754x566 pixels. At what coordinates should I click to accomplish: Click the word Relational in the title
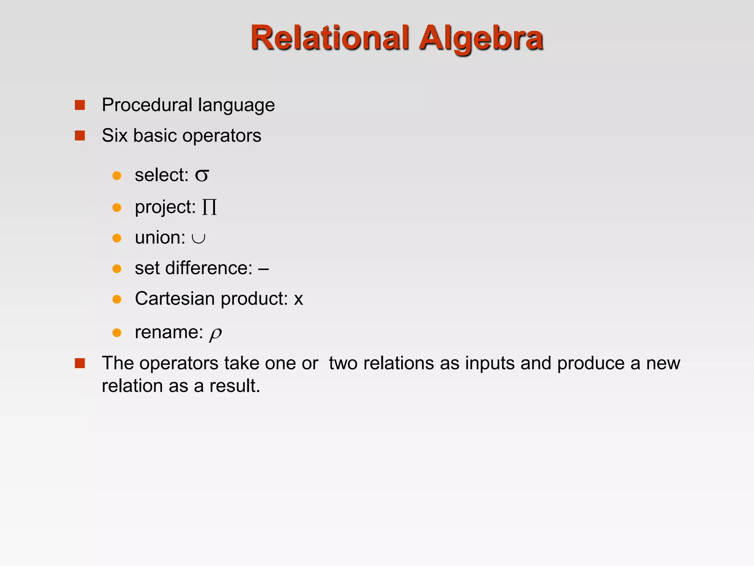(330, 38)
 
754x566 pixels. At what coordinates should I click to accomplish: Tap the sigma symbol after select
(202, 175)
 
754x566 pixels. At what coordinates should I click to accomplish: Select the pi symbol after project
(209, 207)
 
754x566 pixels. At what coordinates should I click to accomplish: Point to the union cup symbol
(198, 239)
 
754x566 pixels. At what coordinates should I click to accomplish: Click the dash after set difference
(263, 269)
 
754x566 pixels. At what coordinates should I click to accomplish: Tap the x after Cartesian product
(298, 299)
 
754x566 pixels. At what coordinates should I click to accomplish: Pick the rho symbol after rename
(215, 333)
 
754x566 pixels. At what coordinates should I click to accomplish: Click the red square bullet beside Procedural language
(80, 105)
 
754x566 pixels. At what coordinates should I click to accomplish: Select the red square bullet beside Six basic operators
(80, 136)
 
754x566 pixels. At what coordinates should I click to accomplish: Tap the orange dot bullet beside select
(117, 175)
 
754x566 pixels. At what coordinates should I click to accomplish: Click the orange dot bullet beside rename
(117, 333)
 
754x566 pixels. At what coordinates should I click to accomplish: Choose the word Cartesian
(175, 298)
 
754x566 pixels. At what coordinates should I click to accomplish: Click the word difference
(209, 268)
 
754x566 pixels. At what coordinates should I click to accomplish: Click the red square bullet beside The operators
(80, 363)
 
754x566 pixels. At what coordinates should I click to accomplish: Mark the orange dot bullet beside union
(117, 238)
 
